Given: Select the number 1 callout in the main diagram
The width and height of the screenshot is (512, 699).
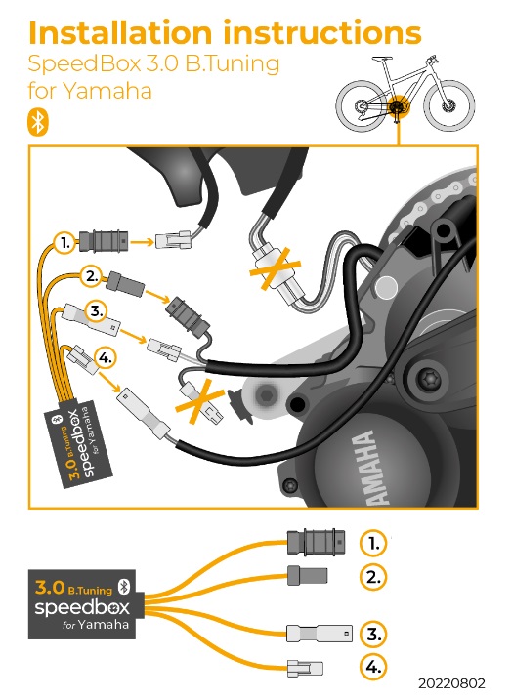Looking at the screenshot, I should (63, 239).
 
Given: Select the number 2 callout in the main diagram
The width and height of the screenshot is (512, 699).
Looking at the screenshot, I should (93, 276).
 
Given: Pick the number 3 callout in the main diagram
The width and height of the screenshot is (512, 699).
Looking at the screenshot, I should (95, 311).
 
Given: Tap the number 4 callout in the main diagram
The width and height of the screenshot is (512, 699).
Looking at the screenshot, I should (106, 358).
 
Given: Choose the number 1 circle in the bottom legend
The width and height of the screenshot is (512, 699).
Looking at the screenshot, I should (373, 542).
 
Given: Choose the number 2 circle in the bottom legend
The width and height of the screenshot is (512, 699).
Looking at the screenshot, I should (373, 576).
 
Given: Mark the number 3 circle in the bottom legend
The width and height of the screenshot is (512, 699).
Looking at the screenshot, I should (373, 633).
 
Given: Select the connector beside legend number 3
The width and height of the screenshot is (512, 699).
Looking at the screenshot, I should (319, 633).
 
